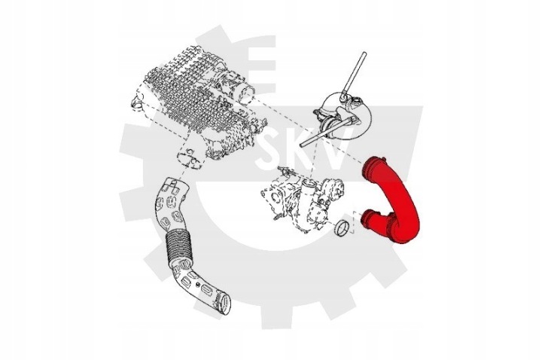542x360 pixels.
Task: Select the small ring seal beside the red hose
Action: click(x=343, y=227)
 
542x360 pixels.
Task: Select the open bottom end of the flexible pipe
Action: click(x=224, y=304)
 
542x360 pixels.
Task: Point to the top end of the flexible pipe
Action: click(x=175, y=184)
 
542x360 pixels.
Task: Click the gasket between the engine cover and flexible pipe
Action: click(x=190, y=159)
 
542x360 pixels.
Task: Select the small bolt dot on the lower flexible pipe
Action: click(x=197, y=284)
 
